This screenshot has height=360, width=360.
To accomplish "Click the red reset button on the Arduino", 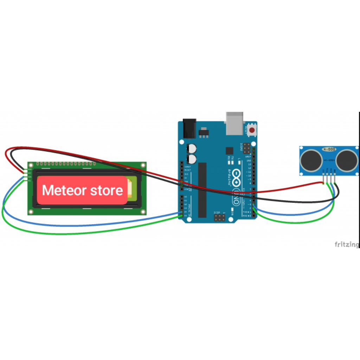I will [x=252, y=130].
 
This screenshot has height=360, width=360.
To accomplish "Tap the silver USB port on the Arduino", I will [x=234, y=123].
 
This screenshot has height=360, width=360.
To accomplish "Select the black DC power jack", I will [x=188, y=129].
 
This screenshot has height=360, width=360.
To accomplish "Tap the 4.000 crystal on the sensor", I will [x=329, y=149].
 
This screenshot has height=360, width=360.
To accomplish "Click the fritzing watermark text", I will [x=347, y=244].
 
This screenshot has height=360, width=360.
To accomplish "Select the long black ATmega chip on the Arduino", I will [x=202, y=190].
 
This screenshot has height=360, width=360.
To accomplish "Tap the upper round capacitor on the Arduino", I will [x=192, y=148].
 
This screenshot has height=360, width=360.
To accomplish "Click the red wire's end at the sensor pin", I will [x=323, y=182].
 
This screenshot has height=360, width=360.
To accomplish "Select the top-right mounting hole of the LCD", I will [x=143, y=165].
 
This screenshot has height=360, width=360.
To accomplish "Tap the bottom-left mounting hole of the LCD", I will [x=31, y=212].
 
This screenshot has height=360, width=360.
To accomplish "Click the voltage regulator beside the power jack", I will [x=204, y=134].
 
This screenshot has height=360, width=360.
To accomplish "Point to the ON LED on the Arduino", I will [x=232, y=211].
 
